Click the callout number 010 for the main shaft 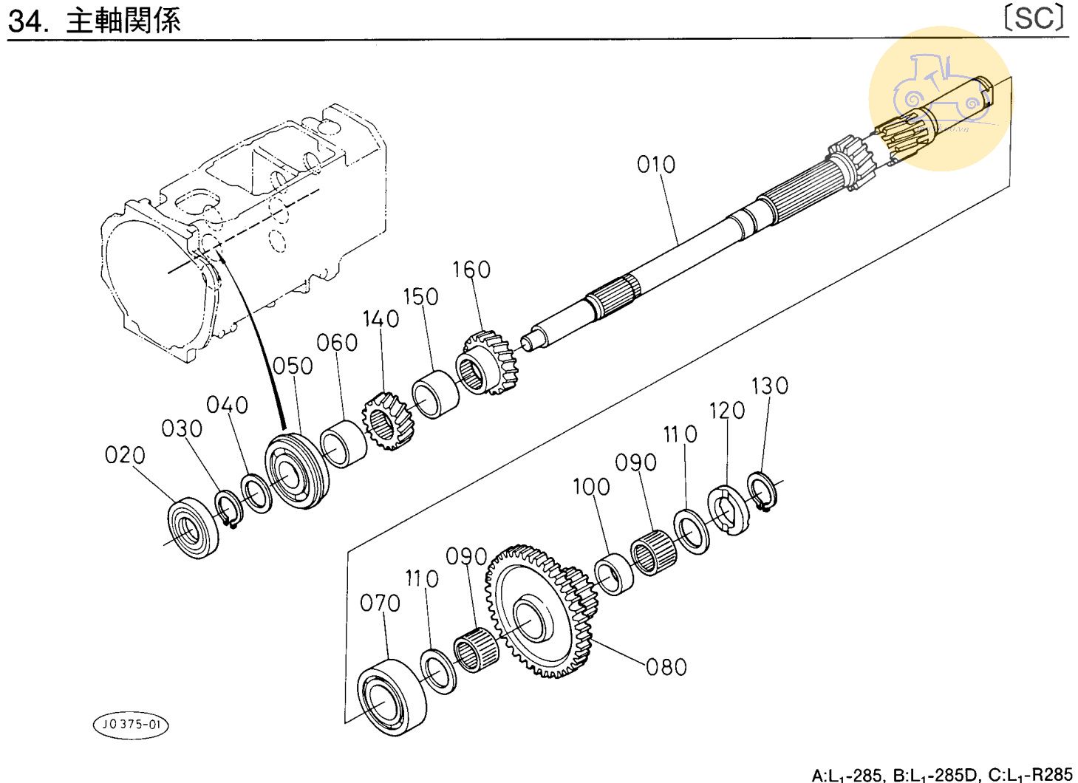click(656, 164)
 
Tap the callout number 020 click(125, 455)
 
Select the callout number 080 click(666, 667)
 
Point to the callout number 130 click(770, 386)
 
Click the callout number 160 click(471, 270)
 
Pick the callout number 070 click(380, 604)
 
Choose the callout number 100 click(591, 487)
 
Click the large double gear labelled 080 click(539, 613)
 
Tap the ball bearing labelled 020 click(194, 527)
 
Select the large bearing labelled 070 click(392, 696)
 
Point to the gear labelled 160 click(488, 362)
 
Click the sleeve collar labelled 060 click(344, 442)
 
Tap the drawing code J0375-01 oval click(130, 725)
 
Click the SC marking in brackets click(1034, 18)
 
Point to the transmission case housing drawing click(244, 222)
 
